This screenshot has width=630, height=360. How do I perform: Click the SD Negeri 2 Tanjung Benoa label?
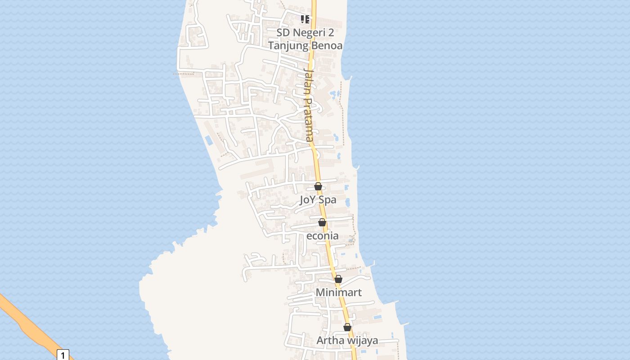pos(305,39)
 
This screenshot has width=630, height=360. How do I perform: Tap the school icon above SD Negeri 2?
pos(305,19)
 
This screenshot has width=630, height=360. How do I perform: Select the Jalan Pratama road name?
pos(308,105)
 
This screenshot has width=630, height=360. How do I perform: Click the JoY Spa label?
pos(318,200)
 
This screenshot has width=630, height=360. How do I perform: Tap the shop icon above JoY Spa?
pos(318,186)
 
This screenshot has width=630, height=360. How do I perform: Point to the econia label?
pos(322,236)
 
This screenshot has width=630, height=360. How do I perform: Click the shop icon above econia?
pos(322,222)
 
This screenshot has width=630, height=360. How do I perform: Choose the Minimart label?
pos(338,292)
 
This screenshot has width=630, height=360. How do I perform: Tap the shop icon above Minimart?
pos(338,279)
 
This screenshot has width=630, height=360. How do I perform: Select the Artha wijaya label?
pos(347,341)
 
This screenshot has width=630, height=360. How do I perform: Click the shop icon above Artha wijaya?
pos(347,327)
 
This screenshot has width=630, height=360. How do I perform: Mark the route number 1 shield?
pos(63,355)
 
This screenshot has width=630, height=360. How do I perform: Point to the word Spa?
pos(327,200)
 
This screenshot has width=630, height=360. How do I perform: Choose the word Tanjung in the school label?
pos(288,46)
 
